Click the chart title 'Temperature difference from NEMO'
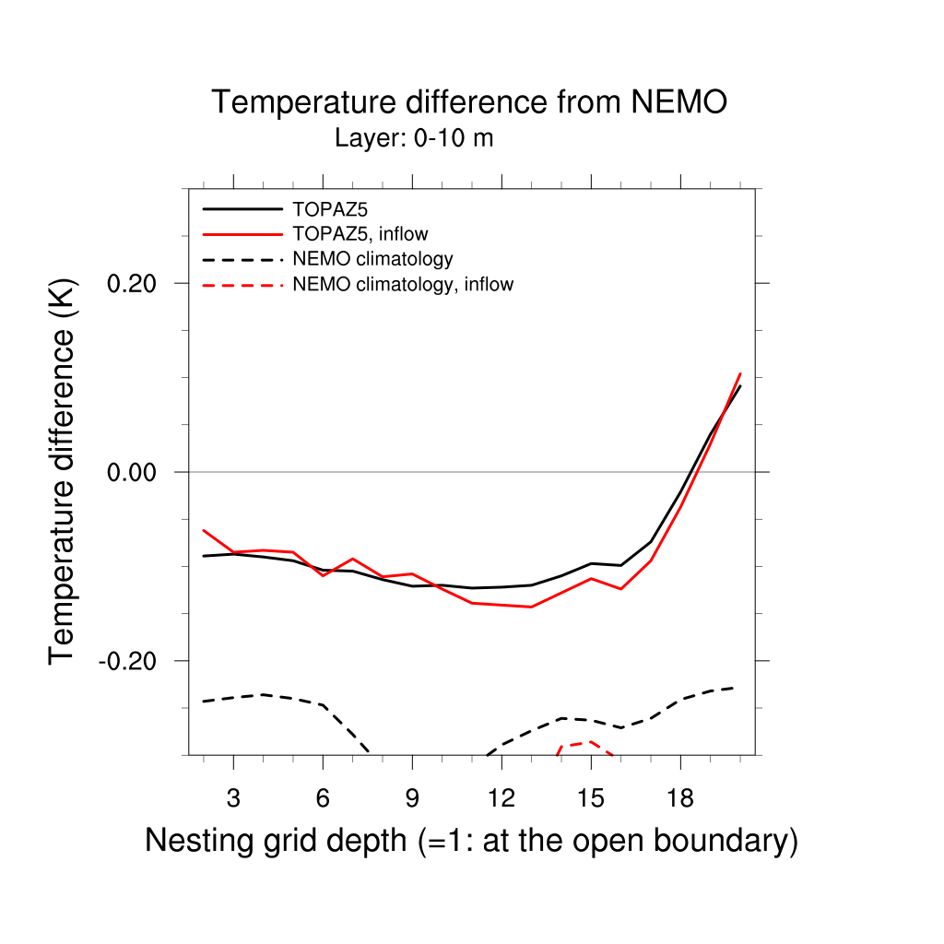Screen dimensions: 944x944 pyautogui.click(x=469, y=102)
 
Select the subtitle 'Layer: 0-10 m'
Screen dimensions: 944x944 pyautogui.click(x=414, y=139)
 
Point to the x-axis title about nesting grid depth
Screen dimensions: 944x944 pyautogui.click(x=471, y=841)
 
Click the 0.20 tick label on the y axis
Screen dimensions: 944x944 pyautogui.click(x=136, y=283)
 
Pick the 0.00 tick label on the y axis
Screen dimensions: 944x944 pyautogui.click(x=136, y=472)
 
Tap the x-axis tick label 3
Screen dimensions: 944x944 pyautogui.click(x=233, y=796)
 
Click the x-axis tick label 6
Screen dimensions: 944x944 pyautogui.click(x=323, y=796)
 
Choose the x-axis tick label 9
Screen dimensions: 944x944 pyautogui.click(x=412, y=796)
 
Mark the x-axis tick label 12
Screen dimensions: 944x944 pyautogui.click(x=501, y=796)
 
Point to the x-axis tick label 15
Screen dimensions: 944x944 pyautogui.click(x=591, y=796)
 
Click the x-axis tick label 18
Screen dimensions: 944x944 pyautogui.click(x=680, y=796)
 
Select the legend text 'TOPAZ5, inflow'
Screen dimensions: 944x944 pyautogui.click(x=360, y=234)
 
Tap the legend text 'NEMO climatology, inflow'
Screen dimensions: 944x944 pyautogui.click(x=402, y=285)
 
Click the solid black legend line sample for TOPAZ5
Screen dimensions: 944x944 pyautogui.click(x=242, y=209)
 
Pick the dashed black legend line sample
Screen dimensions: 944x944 pyautogui.click(x=242, y=259)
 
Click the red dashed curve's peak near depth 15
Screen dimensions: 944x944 pyautogui.click(x=590, y=742)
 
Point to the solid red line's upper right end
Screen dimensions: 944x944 pyautogui.click(x=740, y=373)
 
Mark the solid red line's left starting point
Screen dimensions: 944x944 pyautogui.click(x=204, y=530)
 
